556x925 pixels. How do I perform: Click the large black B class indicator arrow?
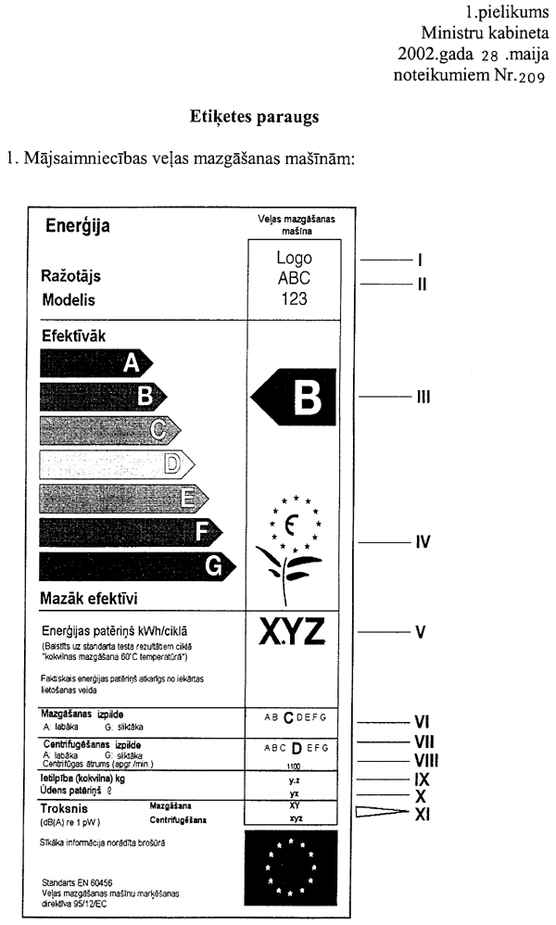(x=291, y=399)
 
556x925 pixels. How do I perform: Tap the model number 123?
(x=294, y=298)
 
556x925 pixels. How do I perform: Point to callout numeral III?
(x=422, y=397)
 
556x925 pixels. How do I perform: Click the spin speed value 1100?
(x=294, y=767)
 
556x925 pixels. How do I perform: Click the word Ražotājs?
(x=70, y=276)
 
